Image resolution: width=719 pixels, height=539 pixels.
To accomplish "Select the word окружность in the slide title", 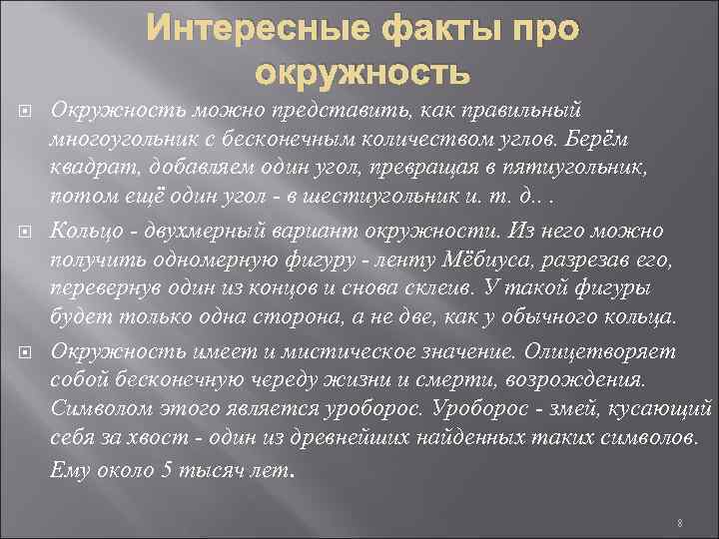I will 361,73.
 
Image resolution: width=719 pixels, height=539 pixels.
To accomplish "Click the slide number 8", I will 678,522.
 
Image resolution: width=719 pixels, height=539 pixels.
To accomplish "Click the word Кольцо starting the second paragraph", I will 83,231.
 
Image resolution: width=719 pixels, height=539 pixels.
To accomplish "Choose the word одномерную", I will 190,259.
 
